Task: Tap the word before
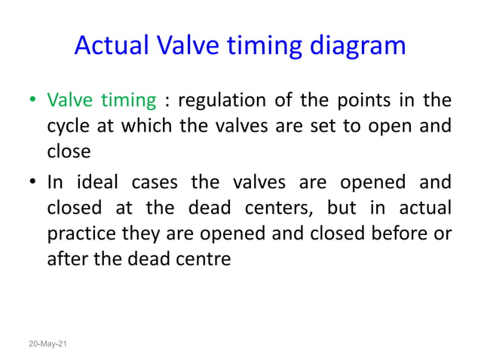pyautogui.click(x=404, y=234)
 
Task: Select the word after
pyautogui.click(x=66, y=260)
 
